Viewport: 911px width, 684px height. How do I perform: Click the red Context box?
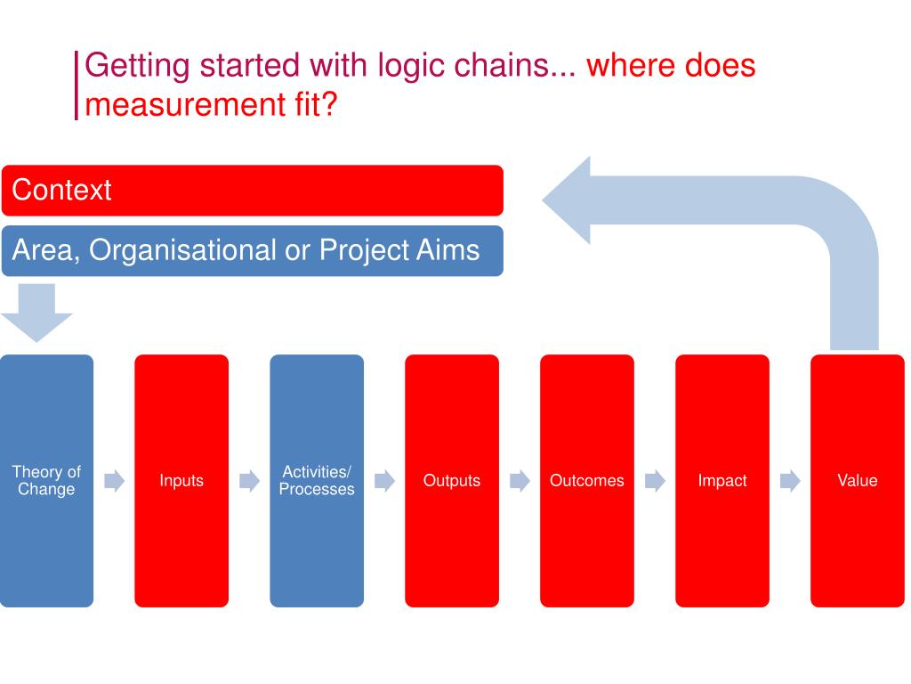pyautogui.click(x=252, y=190)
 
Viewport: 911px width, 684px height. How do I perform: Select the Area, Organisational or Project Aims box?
pyautogui.click(x=252, y=250)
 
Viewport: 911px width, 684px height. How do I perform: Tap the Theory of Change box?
pyautogui.click(x=46, y=481)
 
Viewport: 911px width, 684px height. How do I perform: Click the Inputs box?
pyautogui.click(x=181, y=481)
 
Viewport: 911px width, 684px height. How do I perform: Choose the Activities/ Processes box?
pyautogui.click(x=317, y=481)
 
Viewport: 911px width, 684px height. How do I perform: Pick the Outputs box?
pyautogui.click(x=452, y=481)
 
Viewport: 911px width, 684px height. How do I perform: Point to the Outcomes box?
pyautogui.click(x=587, y=481)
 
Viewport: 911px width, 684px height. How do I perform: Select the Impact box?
pyautogui.click(x=722, y=481)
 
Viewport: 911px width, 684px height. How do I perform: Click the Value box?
pyautogui.click(x=858, y=481)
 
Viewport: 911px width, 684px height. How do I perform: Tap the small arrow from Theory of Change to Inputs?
pyautogui.click(x=114, y=482)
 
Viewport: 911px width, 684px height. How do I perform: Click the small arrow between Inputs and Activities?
pyautogui.click(x=249, y=482)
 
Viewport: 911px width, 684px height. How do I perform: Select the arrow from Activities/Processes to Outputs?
pyautogui.click(x=384, y=482)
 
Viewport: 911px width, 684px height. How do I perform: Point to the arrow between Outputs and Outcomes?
pyautogui.click(x=520, y=482)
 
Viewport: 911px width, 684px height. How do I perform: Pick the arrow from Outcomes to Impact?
pyautogui.click(x=655, y=482)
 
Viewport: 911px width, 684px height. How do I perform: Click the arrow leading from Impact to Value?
pyautogui.click(x=790, y=482)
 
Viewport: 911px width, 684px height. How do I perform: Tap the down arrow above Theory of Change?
pyautogui.click(x=36, y=313)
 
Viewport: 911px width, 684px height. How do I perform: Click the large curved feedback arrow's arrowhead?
pyautogui.click(x=569, y=200)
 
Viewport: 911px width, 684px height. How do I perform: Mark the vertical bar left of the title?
pyautogui.click(x=77, y=85)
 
